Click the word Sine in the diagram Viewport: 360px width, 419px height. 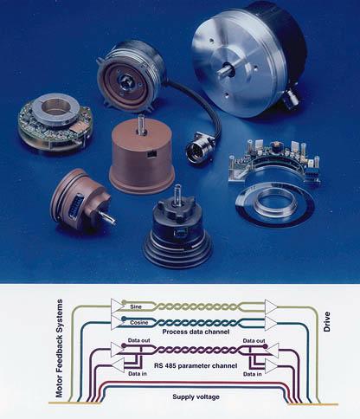coord(136,306)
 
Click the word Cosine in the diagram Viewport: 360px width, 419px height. coord(139,322)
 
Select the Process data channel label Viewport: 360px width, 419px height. coord(196,332)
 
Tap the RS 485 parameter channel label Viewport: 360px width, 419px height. coord(196,366)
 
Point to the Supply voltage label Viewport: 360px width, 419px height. coord(196,396)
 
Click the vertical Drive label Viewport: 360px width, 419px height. coord(327,322)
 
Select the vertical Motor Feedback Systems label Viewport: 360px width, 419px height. coord(59,348)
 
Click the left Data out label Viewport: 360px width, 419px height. coord(138,340)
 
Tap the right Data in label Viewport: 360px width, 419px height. coord(253,374)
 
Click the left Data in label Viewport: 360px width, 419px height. coord(138,374)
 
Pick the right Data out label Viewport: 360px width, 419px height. coord(254,341)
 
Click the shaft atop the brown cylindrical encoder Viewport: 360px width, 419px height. coord(141,124)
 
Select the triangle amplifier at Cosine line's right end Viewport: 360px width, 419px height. coord(271,323)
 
